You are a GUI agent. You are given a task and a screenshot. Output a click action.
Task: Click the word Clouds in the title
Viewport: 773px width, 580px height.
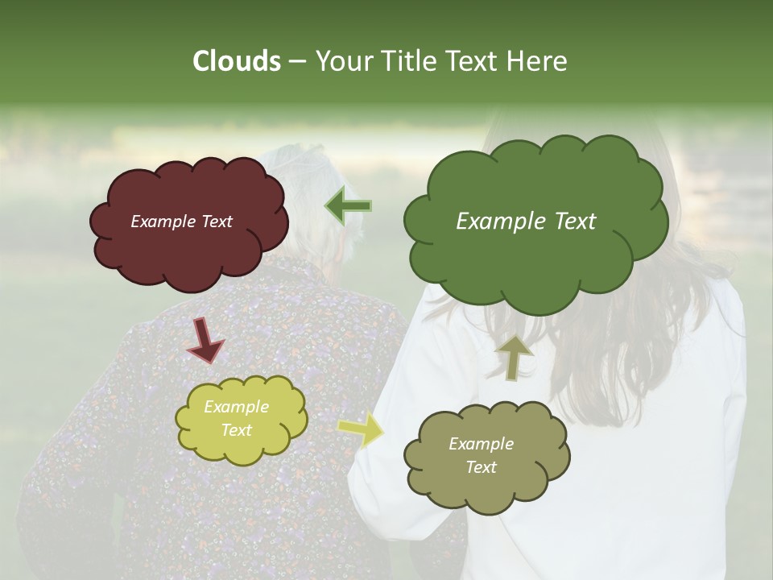pos(236,61)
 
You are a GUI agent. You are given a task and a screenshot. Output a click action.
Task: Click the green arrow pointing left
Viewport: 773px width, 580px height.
pos(348,206)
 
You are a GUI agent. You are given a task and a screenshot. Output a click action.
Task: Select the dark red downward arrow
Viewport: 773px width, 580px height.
pos(205,341)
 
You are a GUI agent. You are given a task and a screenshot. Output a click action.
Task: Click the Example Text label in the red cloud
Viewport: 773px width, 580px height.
pos(181,222)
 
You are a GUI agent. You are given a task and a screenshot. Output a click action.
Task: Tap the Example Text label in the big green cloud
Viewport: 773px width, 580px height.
pos(526,222)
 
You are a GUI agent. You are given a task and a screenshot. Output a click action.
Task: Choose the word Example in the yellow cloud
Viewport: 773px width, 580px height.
pos(236,407)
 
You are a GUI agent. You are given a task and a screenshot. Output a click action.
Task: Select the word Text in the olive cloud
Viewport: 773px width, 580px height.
pos(481,467)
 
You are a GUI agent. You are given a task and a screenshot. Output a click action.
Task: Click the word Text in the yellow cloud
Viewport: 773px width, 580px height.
pos(236,430)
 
